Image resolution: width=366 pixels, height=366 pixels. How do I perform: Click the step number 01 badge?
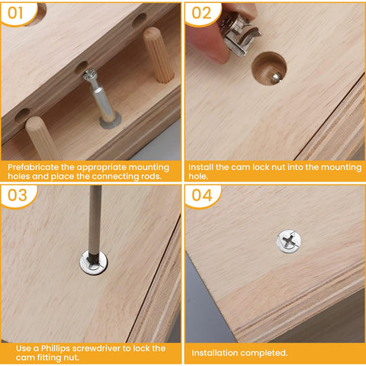(17, 13)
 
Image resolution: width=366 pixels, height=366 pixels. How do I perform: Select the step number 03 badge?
(17, 196)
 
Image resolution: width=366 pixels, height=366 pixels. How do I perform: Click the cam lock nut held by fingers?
(242, 34)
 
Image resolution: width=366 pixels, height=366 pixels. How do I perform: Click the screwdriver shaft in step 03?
(95, 221)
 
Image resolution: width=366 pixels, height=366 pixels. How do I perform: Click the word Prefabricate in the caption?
(34, 165)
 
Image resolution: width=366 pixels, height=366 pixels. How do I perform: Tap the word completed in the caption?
(268, 353)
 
